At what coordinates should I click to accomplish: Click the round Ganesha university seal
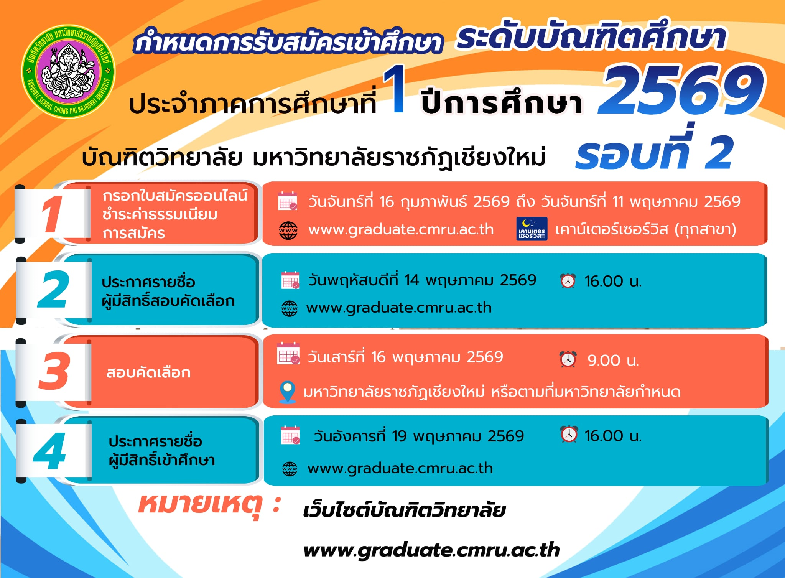pyautogui.click(x=68, y=72)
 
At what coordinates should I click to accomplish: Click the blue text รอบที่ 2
pyautogui.click(x=654, y=150)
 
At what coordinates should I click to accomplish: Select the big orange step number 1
pyautogui.click(x=52, y=214)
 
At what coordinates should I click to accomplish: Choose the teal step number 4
pyautogui.click(x=49, y=451)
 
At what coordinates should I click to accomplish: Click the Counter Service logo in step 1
pyautogui.click(x=532, y=229)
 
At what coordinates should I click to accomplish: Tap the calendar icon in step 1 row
pyautogui.click(x=288, y=201)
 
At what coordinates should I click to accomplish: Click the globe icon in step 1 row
pyautogui.click(x=288, y=231)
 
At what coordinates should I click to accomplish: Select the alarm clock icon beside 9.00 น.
pyautogui.click(x=568, y=359)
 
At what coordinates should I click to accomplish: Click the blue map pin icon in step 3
pyautogui.click(x=287, y=392)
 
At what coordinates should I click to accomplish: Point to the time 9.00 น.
pyautogui.click(x=613, y=360)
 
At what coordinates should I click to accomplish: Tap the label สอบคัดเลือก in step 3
pyautogui.click(x=148, y=372)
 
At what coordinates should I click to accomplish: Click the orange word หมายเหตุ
pyautogui.click(x=200, y=505)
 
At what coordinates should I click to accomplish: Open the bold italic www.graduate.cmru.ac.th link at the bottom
pyautogui.click(x=431, y=550)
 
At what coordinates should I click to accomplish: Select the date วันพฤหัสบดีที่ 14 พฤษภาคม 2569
pyautogui.click(x=422, y=280)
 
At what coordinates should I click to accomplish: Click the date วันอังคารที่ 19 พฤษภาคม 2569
pyautogui.click(x=419, y=436)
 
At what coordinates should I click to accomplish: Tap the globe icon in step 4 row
pyautogui.click(x=290, y=469)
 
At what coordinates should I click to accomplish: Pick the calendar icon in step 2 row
pyautogui.click(x=290, y=280)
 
